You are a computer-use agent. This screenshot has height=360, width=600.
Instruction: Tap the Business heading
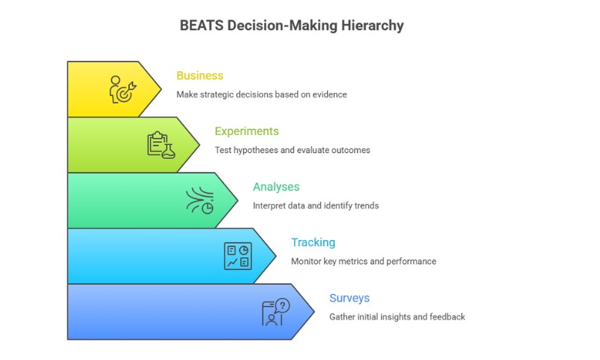pos(199,76)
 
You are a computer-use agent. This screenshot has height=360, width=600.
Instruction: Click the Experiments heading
pos(247,131)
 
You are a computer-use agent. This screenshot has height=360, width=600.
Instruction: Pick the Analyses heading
pos(277,187)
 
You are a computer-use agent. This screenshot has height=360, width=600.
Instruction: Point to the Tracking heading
pos(313,242)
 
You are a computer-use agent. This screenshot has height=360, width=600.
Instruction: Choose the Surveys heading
pos(349,298)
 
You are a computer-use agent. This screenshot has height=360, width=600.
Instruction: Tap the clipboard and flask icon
pos(160,145)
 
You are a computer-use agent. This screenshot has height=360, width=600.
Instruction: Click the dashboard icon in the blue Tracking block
pos(238,256)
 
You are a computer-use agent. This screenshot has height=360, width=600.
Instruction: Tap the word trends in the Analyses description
pos(365,205)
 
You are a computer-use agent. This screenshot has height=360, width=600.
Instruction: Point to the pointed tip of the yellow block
pos(160,89)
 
